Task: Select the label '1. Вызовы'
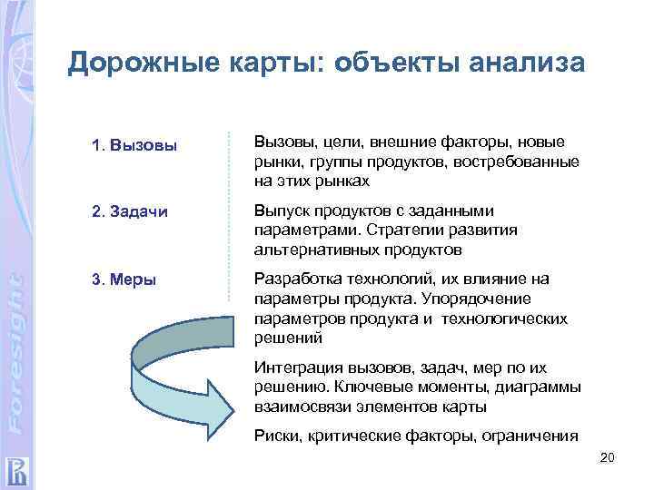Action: [134, 145]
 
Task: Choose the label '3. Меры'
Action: [124, 279]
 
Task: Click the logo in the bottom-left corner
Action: [17, 471]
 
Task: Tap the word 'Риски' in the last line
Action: [275, 436]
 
